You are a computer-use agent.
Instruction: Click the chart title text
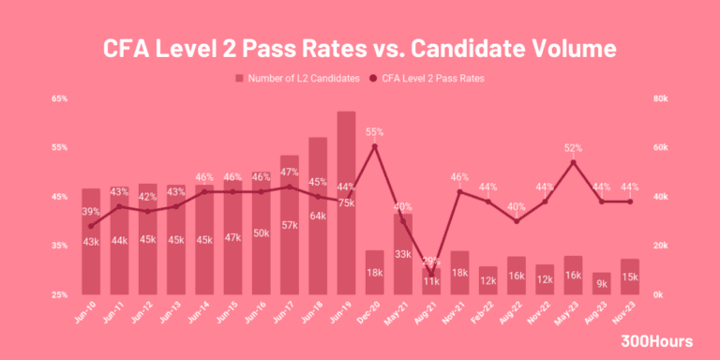click(x=360, y=47)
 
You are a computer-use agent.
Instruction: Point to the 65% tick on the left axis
click(x=59, y=98)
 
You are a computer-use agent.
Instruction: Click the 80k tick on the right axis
click(x=660, y=98)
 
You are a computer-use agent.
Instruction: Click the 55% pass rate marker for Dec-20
click(x=375, y=147)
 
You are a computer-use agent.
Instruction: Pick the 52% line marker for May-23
click(x=573, y=162)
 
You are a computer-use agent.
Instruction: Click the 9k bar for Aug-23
click(x=601, y=283)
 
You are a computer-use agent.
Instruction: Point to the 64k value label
click(x=318, y=216)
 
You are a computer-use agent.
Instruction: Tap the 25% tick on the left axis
click(x=59, y=294)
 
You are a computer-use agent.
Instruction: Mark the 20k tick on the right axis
click(x=660, y=246)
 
